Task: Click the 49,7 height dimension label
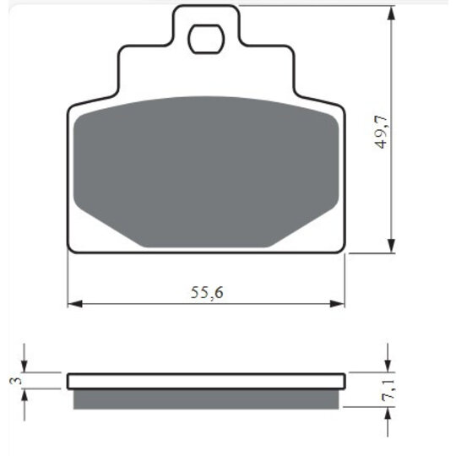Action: point(381,132)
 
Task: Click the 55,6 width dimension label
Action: point(207,292)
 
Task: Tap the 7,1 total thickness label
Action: point(388,391)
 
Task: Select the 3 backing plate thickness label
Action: point(16,380)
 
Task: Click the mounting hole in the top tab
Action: point(206,39)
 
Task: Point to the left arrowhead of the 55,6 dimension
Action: point(75,304)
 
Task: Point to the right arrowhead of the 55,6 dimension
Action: point(337,304)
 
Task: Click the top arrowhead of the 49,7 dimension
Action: point(392,14)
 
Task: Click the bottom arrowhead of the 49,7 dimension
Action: point(392,245)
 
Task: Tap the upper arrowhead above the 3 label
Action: point(24,366)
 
